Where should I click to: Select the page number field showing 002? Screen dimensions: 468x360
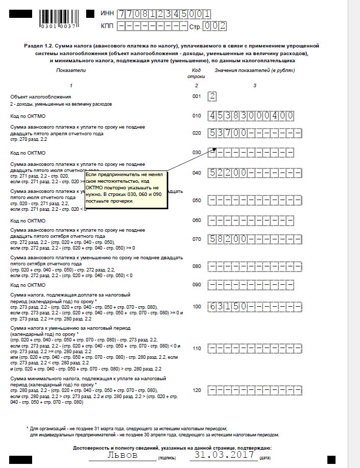tap(215, 26)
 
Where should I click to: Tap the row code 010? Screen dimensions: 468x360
tap(197, 116)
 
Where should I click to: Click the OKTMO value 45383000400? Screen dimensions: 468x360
tap(251, 116)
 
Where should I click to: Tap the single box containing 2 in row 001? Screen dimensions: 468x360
tap(213, 96)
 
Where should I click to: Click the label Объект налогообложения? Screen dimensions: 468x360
tap(41, 96)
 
